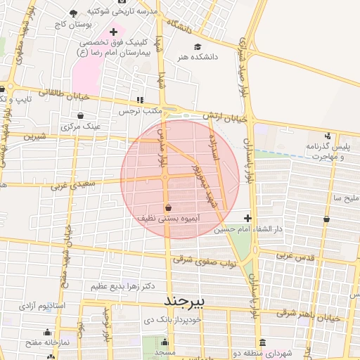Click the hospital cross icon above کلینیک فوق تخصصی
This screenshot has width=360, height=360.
[113, 32]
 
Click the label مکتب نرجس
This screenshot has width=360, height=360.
[140, 111]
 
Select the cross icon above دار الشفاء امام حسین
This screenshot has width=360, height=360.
[247, 219]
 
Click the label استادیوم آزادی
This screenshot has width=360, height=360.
[41, 307]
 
